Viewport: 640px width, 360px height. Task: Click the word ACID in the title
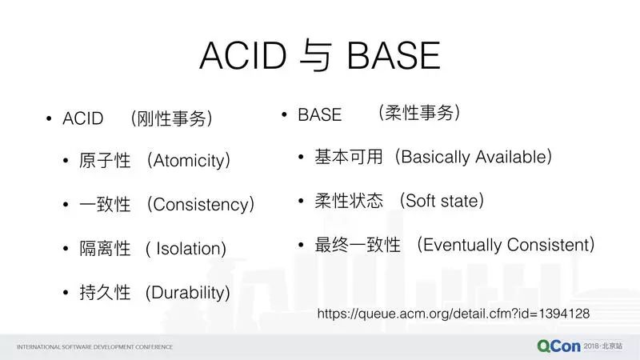click(243, 55)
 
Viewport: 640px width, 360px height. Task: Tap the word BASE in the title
click(394, 55)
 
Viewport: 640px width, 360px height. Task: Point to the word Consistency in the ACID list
click(201, 204)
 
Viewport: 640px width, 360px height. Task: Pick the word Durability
click(188, 293)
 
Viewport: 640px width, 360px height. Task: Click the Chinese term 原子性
click(105, 161)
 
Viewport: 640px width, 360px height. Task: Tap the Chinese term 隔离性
click(105, 249)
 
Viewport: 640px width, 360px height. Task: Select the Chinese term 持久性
click(105, 293)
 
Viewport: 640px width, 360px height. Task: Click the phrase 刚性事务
click(171, 118)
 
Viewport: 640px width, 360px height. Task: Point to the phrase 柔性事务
click(419, 113)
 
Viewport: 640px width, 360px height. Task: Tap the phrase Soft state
click(442, 201)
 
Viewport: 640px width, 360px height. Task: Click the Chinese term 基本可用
click(349, 157)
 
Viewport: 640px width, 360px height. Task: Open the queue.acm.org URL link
click(454, 314)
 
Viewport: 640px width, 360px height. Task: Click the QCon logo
click(558, 346)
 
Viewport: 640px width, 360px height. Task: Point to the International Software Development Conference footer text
click(94, 347)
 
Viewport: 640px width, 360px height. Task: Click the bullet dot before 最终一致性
click(301, 245)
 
